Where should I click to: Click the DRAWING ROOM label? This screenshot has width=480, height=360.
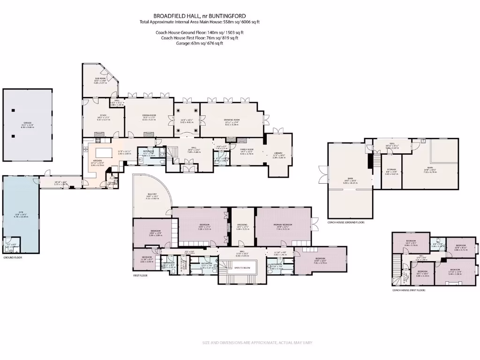232,120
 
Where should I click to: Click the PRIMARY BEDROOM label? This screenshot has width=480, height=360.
283,225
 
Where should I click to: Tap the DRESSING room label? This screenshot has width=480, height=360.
242,224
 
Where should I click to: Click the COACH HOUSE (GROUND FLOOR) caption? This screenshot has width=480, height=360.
346,222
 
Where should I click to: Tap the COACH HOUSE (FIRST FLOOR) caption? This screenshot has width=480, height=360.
409,290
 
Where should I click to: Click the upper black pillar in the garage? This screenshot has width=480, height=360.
14,110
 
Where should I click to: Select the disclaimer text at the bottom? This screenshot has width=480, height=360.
257,343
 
